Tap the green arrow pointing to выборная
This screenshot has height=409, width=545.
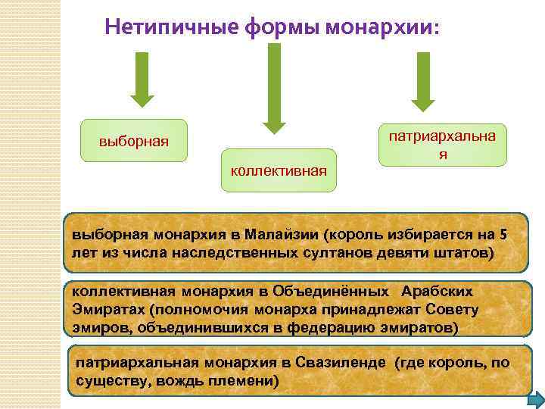(142, 79)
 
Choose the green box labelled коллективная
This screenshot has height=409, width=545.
(279, 170)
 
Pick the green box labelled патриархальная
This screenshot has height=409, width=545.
(443, 145)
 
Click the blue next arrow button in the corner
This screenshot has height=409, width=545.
(534, 400)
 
